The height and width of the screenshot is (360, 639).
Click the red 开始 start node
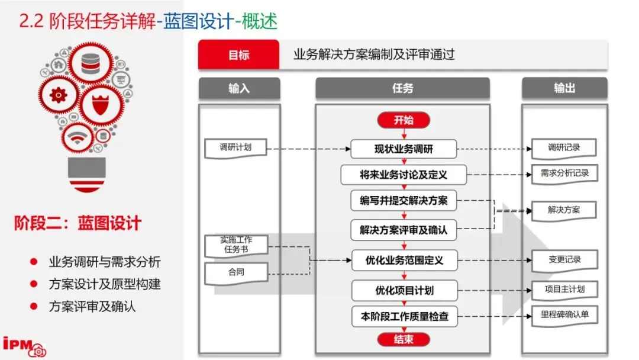pyautogui.click(x=404, y=120)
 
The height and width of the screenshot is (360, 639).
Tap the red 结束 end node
pyautogui.click(x=404, y=339)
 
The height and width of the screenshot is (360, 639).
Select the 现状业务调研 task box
pyautogui.click(x=404, y=149)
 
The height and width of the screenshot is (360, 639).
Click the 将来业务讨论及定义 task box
pyautogui.click(x=404, y=175)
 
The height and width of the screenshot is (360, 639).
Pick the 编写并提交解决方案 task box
pyautogui.click(x=404, y=201)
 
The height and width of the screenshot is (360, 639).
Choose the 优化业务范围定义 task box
pyautogui.click(x=404, y=259)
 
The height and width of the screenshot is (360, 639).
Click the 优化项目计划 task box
pyautogui.click(x=404, y=290)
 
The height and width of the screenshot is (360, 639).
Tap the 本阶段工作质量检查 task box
pyautogui.click(x=404, y=317)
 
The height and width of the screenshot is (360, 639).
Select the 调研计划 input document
pyautogui.click(x=235, y=148)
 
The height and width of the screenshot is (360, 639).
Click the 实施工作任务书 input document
pyautogui.click(x=235, y=245)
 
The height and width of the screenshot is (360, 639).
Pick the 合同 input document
pyautogui.click(x=235, y=273)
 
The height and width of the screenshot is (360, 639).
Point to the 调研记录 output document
pyautogui.click(x=564, y=148)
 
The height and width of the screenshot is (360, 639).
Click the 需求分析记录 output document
pyautogui.click(x=564, y=174)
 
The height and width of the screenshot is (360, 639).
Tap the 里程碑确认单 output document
pyautogui.click(x=564, y=314)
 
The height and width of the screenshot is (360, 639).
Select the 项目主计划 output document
pyautogui.click(x=564, y=290)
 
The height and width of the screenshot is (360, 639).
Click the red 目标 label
pyautogui.click(x=238, y=55)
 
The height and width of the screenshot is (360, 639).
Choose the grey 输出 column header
pyautogui.click(x=564, y=88)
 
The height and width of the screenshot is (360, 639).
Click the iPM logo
pyautogui.click(x=24, y=346)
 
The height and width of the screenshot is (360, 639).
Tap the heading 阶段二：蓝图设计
pyautogui.click(x=78, y=223)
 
